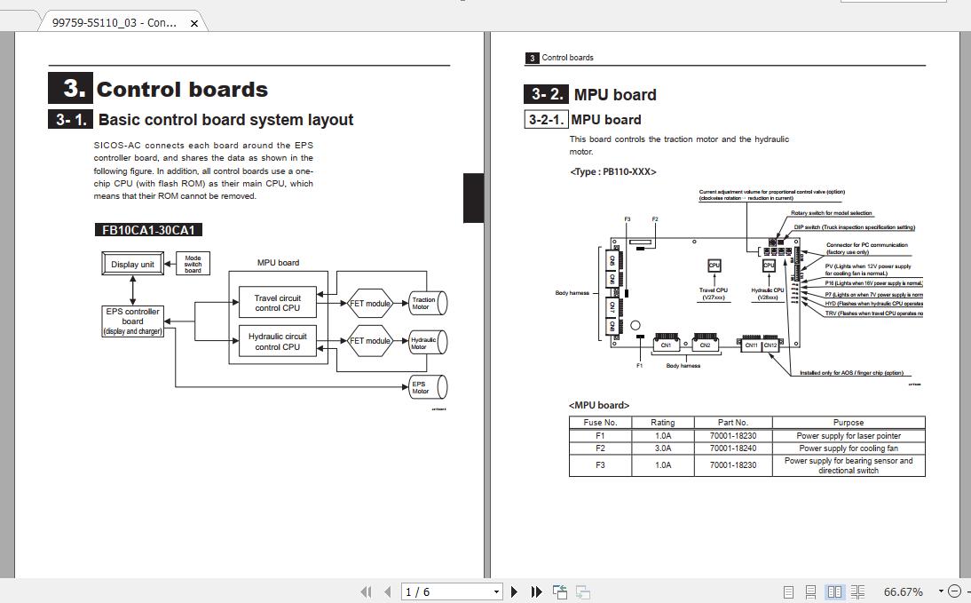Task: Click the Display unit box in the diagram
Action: pos(132,264)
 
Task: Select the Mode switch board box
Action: pos(193,264)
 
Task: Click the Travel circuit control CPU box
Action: pos(278,303)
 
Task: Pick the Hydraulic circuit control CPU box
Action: pos(278,342)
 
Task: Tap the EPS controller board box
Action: pos(133,321)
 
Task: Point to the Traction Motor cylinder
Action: pos(426,303)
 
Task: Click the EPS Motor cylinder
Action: pos(426,387)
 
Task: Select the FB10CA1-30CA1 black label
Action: pos(148,230)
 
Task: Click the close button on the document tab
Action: pos(194,23)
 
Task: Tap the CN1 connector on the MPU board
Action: pos(666,345)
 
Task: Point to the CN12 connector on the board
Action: pos(770,345)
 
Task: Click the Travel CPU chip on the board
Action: pos(714,266)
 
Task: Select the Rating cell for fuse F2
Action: pos(662,448)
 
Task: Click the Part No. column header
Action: pos(733,423)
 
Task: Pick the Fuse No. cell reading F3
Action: pos(600,464)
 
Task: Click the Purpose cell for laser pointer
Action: pos(849,436)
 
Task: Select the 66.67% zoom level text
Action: pos(903,591)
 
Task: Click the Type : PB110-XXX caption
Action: pos(612,171)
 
